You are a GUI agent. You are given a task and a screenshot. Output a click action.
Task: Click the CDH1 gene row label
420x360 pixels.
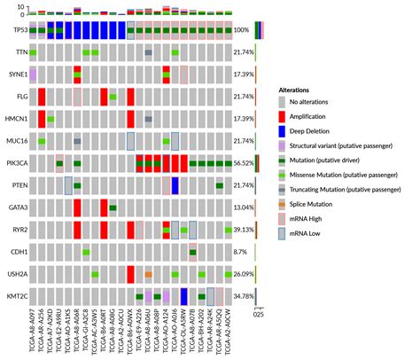pyautogui.click(x=17, y=252)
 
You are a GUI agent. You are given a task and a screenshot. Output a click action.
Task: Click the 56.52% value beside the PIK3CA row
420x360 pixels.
pyautogui.click(x=245, y=163)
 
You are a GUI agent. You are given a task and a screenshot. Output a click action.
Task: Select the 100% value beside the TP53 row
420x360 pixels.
pyautogui.click(x=242, y=31)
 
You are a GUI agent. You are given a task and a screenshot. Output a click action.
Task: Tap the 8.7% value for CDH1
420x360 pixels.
pyautogui.click(x=241, y=252)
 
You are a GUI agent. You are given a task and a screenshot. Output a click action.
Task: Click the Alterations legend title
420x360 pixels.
pyautogui.click(x=296, y=90)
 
